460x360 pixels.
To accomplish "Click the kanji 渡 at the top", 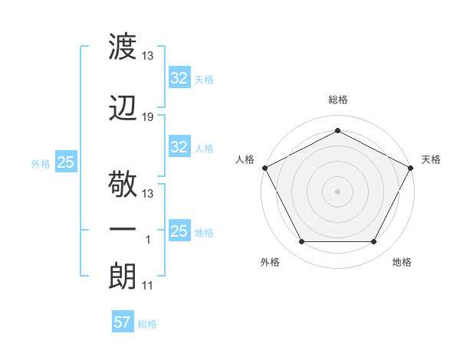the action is [123, 46].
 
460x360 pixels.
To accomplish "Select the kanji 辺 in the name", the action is [123, 108].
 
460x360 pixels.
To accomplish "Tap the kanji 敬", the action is [123, 184].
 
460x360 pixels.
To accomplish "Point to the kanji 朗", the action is [123, 277].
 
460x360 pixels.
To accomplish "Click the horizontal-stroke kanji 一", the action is [123, 229].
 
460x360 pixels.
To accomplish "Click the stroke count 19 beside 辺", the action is [147, 117].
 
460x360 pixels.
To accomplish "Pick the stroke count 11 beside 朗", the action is [147, 286].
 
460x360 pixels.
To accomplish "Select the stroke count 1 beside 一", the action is [148, 240].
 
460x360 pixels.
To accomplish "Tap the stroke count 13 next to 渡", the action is [147, 56].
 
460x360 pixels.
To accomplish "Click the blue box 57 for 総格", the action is [123, 321].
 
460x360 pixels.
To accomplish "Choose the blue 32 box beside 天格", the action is [179, 77].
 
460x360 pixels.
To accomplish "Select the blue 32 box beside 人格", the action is [179, 146].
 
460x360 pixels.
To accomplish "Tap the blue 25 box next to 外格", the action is [66, 162].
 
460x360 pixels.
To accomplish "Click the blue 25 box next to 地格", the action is [179, 230].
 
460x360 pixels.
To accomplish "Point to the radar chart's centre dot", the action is [337, 191].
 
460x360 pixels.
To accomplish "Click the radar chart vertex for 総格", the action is [337, 130].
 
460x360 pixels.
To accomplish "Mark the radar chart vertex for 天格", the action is [410, 168].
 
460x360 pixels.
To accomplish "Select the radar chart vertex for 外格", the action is [302, 241].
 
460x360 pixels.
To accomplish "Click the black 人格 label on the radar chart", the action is [245, 159].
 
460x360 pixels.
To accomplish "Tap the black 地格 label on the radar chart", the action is [402, 262].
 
